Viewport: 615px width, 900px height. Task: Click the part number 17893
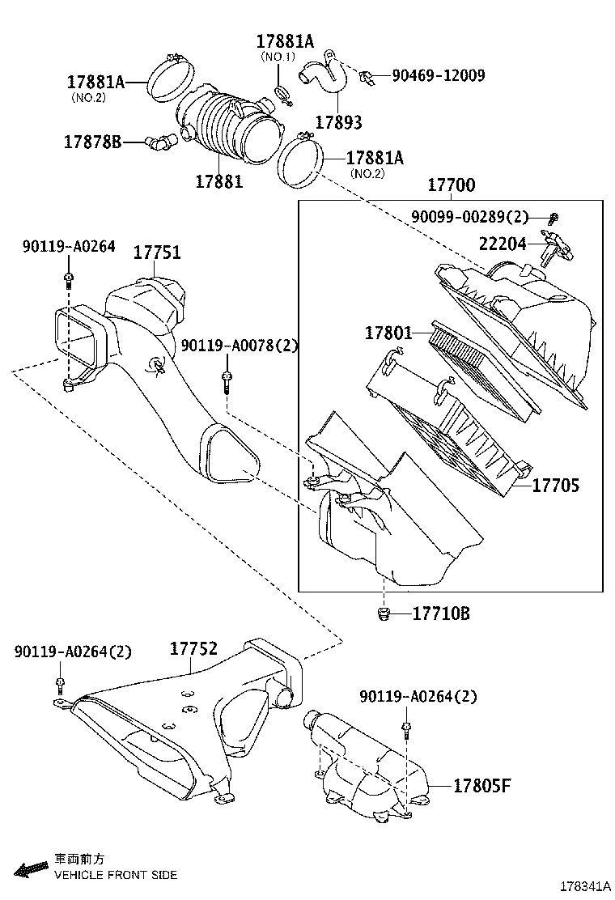click(x=339, y=122)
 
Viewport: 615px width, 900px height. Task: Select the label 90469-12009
click(x=439, y=75)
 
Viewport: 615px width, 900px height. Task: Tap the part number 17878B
click(x=92, y=142)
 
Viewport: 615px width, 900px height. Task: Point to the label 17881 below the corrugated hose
click(x=219, y=181)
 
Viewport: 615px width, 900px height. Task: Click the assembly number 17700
click(x=452, y=185)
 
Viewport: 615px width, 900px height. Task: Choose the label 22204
click(x=503, y=244)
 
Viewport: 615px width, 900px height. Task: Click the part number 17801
click(x=388, y=333)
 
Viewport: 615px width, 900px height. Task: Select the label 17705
click(x=556, y=486)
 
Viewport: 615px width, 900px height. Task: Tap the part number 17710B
click(x=441, y=613)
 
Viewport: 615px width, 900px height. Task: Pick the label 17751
click(x=157, y=252)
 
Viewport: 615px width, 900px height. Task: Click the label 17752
click(x=194, y=648)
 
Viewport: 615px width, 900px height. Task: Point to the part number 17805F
click(x=482, y=785)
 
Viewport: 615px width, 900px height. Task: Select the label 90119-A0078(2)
click(x=240, y=346)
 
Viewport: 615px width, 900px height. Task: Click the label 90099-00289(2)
click(x=469, y=216)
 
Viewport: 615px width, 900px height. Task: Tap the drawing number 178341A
click(x=585, y=886)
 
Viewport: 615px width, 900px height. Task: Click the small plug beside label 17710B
click(x=384, y=614)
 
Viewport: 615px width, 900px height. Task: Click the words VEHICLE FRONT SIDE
click(x=116, y=876)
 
